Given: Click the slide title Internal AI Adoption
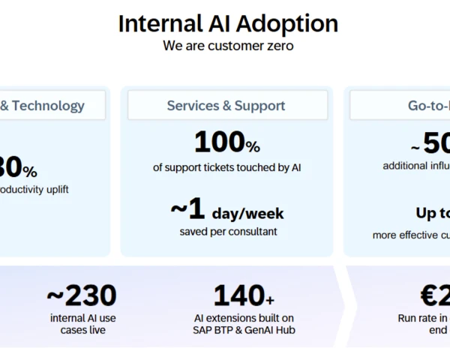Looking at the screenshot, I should [x=227, y=23].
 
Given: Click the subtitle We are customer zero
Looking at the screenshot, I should [x=226, y=46].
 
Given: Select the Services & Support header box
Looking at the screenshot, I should [x=226, y=106].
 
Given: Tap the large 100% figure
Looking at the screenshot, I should [x=226, y=142].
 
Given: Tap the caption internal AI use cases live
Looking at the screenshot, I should [x=82, y=324].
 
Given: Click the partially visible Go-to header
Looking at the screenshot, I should [x=428, y=106].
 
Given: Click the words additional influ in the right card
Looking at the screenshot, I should [x=416, y=166].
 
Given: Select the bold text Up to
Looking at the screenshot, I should [x=433, y=214].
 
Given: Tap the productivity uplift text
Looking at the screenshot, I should [x=34, y=190].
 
